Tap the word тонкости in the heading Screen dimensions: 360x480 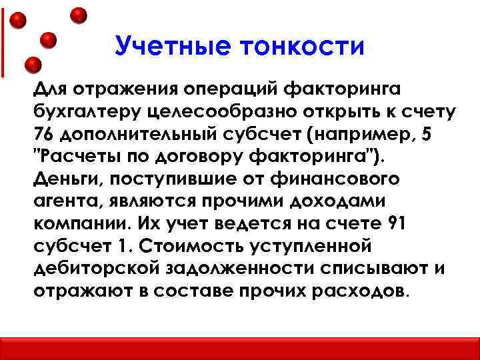(306, 47)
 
